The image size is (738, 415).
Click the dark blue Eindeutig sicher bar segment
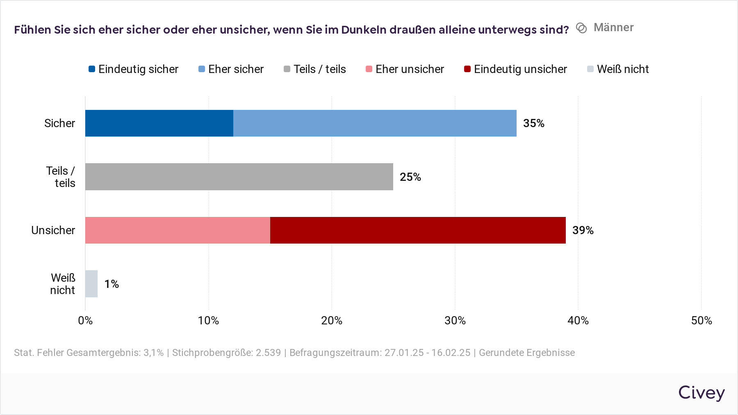(x=159, y=123)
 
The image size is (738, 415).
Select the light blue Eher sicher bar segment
(x=375, y=123)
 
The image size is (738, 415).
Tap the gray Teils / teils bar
(x=239, y=177)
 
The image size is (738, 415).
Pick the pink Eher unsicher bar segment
(x=178, y=230)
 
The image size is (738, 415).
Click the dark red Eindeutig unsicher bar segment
(x=418, y=230)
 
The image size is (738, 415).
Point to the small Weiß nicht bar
(x=91, y=284)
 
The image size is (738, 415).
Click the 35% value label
(x=533, y=123)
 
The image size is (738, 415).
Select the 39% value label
(x=583, y=230)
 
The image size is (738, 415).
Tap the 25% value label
(x=410, y=177)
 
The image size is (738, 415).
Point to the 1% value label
(x=112, y=284)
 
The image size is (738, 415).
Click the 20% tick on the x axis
(x=332, y=321)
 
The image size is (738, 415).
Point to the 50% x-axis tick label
(x=701, y=321)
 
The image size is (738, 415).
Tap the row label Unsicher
(x=53, y=230)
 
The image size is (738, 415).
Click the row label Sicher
(x=60, y=123)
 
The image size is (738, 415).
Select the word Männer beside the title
(x=613, y=27)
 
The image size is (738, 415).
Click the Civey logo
(x=701, y=393)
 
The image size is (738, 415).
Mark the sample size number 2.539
(x=268, y=353)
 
